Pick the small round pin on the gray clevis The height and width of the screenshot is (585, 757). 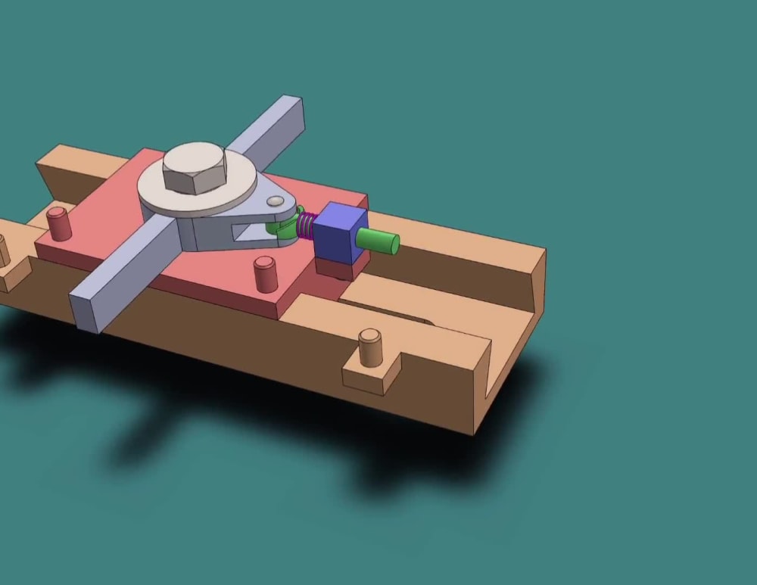click(x=276, y=201)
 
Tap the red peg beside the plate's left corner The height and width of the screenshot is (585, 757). click(x=58, y=223)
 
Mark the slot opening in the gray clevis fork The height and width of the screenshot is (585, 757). click(x=250, y=231)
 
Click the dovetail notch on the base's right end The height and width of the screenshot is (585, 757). click(x=507, y=356)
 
